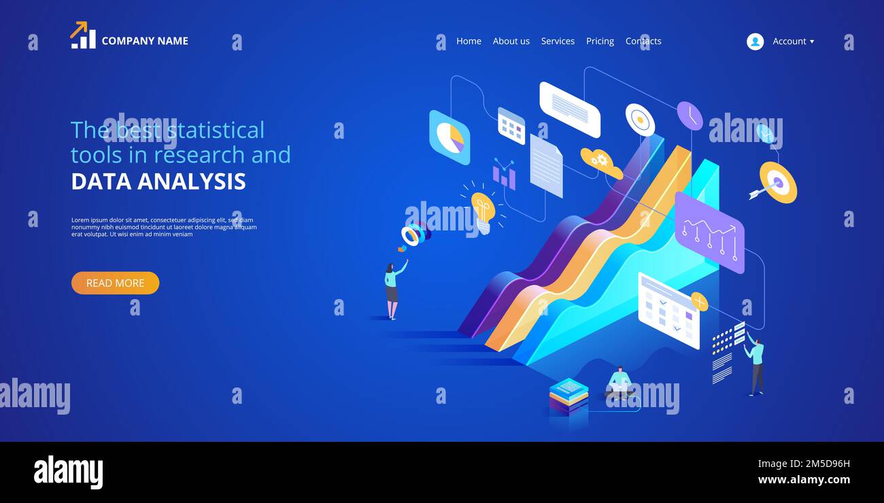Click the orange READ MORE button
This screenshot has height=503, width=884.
click(115, 283)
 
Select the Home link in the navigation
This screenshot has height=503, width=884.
click(469, 41)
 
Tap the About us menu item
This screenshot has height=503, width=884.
click(511, 41)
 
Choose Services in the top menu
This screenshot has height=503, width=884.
click(558, 41)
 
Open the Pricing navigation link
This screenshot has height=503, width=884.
click(600, 41)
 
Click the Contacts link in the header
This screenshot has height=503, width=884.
click(643, 41)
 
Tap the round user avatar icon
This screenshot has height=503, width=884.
click(755, 41)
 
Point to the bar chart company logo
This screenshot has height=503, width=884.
click(83, 35)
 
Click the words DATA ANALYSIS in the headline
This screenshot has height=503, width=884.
click(158, 181)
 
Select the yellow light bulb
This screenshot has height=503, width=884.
click(483, 211)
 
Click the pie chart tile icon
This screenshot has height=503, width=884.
click(449, 137)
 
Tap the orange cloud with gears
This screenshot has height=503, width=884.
click(601, 163)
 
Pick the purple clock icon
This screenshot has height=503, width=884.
click(690, 116)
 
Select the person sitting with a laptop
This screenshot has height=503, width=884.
click(619, 383)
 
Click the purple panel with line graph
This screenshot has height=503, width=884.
click(709, 232)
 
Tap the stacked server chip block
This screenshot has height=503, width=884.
click(568, 397)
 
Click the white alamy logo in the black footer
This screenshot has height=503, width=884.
click(68, 472)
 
